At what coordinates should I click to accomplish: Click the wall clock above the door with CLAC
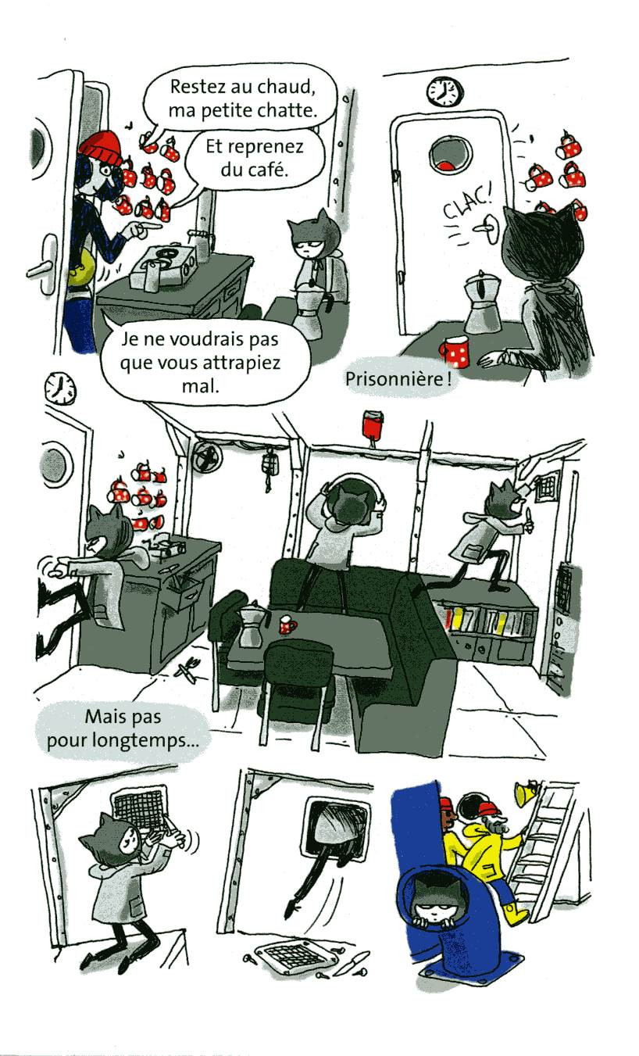(444, 92)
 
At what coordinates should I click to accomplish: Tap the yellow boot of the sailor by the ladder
(514, 912)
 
